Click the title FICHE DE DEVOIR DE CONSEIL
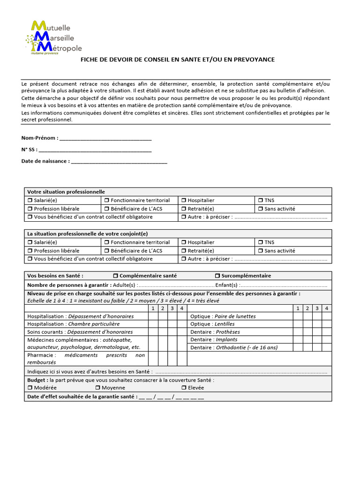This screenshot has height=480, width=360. click(x=178, y=60)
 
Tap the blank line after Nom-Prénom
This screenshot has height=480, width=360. click(x=105, y=139)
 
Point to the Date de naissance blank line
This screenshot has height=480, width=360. click(x=119, y=162)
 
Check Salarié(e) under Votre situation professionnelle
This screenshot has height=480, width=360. click(x=30, y=201)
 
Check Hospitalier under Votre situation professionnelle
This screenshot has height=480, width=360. click(x=184, y=201)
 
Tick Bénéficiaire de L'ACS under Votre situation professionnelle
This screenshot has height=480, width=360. click(x=107, y=209)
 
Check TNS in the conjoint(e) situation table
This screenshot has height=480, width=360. click(x=261, y=242)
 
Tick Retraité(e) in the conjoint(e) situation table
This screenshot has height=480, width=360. click(x=184, y=251)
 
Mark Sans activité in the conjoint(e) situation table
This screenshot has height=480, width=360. click(x=261, y=251)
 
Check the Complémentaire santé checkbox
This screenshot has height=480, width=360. click(x=116, y=276)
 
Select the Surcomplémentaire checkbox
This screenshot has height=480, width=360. click(x=217, y=276)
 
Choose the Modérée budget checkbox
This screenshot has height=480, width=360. click(x=30, y=388)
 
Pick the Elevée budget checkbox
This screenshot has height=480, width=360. click(x=184, y=388)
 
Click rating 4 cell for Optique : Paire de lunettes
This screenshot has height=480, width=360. click(x=327, y=316)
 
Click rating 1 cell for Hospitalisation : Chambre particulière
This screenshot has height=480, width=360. click(x=153, y=324)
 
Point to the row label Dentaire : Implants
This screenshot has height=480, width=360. click(x=214, y=339)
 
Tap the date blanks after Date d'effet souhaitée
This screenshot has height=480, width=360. click(x=172, y=397)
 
